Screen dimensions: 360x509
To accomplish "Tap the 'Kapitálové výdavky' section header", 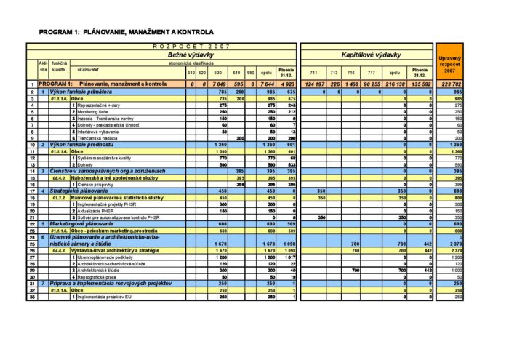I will coord(371,55).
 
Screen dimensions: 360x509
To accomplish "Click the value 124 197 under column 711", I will coord(314,85).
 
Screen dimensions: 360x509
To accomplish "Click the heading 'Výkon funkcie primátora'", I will coord(81,92).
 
